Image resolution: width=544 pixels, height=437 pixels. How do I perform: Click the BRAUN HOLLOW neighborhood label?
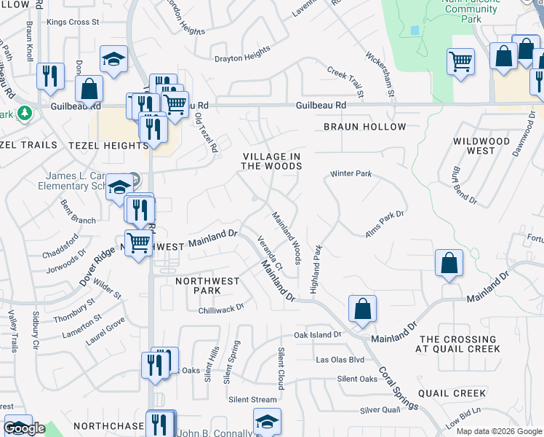click(x=364, y=127)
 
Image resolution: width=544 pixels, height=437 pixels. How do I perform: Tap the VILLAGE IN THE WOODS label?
click(x=271, y=161)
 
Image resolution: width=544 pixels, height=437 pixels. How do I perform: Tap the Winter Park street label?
click(x=351, y=174)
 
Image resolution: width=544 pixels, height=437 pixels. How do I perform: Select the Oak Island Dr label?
click(x=317, y=335)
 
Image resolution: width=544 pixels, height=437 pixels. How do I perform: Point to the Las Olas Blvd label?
click(x=340, y=360)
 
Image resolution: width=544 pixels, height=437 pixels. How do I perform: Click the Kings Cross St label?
click(x=73, y=23)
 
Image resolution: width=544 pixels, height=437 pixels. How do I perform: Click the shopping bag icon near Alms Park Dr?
click(x=449, y=263)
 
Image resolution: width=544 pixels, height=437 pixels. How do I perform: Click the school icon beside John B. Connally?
click(x=267, y=422)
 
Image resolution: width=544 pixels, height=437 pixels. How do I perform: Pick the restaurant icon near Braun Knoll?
click(x=49, y=76)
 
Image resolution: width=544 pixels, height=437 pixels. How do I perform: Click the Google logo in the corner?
click(x=25, y=428)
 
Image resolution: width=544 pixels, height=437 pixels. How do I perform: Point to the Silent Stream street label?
click(x=252, y=399)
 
